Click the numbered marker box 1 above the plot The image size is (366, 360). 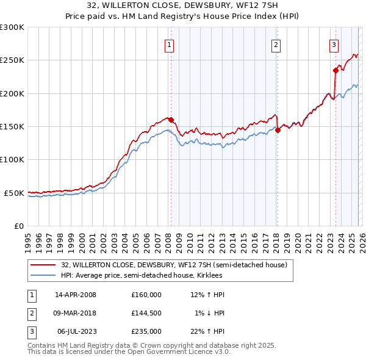[168, 44]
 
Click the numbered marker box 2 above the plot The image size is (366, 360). [276, 44]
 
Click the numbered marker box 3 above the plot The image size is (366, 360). [334, 44]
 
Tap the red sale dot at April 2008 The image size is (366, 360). [171, 120]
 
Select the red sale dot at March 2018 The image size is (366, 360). [278, 130]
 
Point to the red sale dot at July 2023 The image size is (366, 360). [335, 70]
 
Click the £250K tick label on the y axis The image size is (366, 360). [12, 60]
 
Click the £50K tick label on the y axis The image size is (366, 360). [14, 193]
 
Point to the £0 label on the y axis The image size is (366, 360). [18, 226]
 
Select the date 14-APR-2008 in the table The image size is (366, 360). [76, 295]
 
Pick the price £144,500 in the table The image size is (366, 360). [146, 313]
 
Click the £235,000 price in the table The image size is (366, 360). [146, 331]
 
